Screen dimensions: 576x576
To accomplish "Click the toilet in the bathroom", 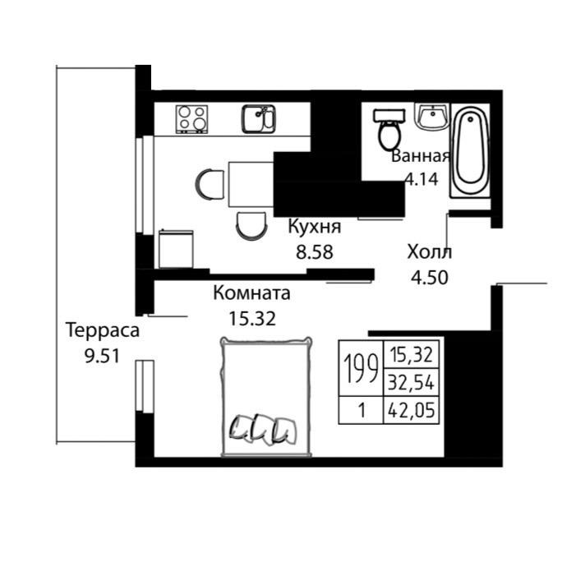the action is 389,130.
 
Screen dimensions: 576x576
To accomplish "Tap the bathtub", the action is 471,150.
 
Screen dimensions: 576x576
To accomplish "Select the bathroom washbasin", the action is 432,117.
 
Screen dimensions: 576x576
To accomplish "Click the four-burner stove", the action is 191,119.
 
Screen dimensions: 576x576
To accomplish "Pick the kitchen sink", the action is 258,119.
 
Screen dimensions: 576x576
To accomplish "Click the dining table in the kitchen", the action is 251,184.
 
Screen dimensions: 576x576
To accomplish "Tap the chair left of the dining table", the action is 210,184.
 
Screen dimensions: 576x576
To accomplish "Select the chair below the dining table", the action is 251,226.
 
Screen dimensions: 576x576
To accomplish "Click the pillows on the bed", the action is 263,430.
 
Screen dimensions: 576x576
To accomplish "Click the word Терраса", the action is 103,330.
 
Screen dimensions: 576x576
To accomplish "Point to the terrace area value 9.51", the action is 102,356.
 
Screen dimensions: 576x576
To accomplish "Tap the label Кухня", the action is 315,226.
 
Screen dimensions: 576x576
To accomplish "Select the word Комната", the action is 251,293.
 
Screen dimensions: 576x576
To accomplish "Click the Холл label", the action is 430,252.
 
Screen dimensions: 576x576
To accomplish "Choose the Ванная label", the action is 421,156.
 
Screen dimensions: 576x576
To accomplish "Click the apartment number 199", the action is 361,368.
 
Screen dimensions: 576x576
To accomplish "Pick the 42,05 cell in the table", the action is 412,410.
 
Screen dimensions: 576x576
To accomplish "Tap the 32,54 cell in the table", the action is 412,382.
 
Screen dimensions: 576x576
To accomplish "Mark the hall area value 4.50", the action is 430,278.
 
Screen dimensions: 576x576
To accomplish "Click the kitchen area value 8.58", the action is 315,252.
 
